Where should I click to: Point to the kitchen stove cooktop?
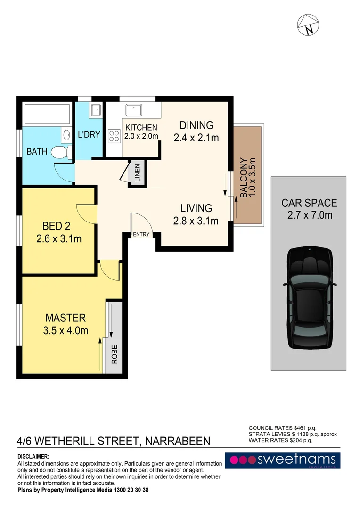(x=114, y=136)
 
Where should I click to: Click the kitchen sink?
(x=134, y=111)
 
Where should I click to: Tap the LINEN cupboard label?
(x=137, y=172)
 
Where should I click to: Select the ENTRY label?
(x=141, y=235)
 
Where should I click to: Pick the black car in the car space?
(x=309, y=297)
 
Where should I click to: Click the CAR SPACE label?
(x=309, y=203)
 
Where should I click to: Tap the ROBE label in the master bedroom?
(x=114, y=354)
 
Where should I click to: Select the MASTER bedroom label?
(x=65, y=318)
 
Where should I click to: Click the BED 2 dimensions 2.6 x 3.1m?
(x=59, y=239)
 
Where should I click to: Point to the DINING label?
(x=196, y=125)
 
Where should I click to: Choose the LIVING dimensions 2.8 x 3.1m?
(x=196, y=221)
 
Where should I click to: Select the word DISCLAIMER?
(x=33, y=457)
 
